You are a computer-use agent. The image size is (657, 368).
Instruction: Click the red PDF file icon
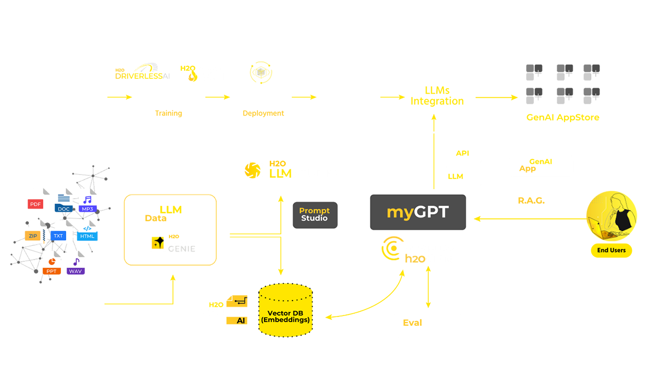28,204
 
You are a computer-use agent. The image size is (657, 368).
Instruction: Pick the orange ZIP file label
32,235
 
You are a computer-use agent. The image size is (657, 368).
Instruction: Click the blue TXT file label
58,235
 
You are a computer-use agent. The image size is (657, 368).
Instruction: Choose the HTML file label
88,236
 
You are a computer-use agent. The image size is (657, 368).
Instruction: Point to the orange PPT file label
52,271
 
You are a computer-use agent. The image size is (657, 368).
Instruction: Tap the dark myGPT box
418,212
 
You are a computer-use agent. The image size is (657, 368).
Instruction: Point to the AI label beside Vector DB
240,321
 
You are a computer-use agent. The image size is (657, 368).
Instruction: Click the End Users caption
612,250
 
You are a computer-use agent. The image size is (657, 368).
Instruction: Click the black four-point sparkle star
160,241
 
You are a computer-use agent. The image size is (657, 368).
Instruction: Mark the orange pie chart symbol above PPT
53,261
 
